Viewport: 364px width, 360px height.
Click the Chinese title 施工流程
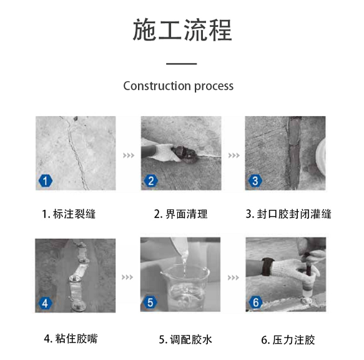tap(182, 30)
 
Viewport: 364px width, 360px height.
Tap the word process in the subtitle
tap(214, 86)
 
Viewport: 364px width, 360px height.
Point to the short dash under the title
tap(182, 64)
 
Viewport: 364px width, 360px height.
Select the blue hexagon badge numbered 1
tap(46, 181)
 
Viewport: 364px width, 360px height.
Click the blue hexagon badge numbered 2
tap(151, 181)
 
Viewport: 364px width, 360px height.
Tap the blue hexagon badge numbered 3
tap(255, 181)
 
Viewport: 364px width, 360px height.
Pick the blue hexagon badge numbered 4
tap(45, 303)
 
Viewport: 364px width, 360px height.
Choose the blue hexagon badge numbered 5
tap(150, 302)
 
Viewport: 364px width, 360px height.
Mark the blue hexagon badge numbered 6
tap(256, 302)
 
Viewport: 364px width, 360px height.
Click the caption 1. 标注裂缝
tap(69, 214)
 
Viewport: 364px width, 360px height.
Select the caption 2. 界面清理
tap(180, 214)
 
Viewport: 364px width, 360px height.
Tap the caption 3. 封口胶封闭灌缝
tap(288, 214)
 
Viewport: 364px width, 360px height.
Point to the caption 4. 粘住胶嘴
tap(71, 338)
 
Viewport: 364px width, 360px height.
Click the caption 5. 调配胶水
tap(185, 339)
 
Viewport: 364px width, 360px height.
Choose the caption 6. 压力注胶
tap(288, 340)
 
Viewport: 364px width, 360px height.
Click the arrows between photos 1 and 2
tap(129, 155)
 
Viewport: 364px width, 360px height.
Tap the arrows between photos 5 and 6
tap(233, 277)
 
